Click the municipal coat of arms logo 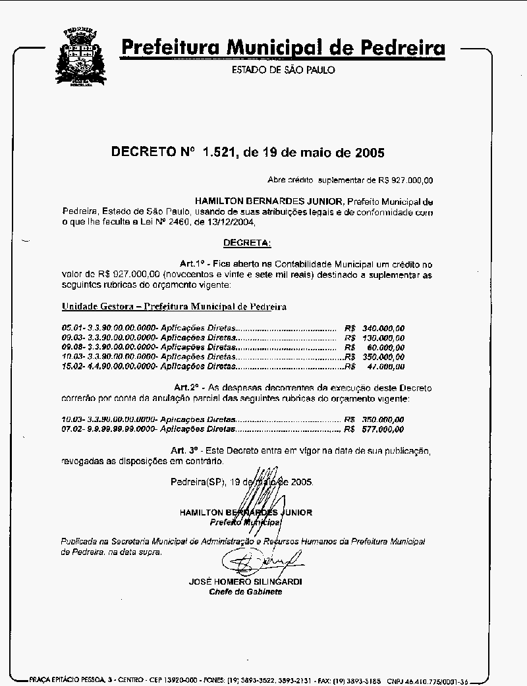coord(80,57)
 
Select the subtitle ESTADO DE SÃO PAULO coord(283,70)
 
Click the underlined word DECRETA coord(247,243)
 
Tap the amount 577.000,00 coord(383,429)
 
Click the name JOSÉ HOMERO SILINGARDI coord(245,582)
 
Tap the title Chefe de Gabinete coord(245,592)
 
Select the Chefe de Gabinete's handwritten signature coord(260,561)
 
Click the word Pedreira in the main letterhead coord(402,48)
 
